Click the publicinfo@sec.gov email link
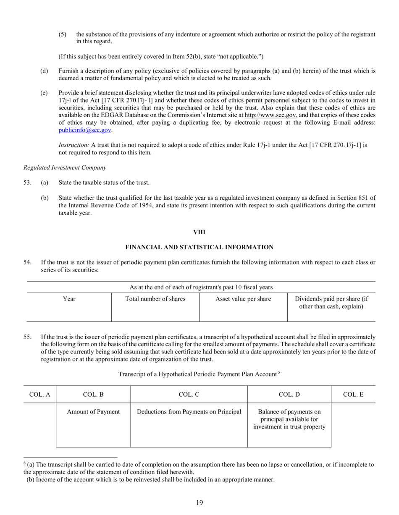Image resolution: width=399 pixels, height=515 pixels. click(85, 130)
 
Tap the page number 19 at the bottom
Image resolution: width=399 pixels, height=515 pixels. click(199, 503)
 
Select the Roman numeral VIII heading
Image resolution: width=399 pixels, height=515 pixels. click(199, 232)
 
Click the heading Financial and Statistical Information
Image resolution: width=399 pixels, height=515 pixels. click(199, 247)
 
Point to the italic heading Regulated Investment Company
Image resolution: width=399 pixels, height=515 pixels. click(65, 167)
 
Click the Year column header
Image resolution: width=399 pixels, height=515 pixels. click(69, 299)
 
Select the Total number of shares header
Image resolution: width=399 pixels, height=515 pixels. click(155, 299)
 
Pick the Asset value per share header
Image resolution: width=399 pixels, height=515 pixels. click(243, 299)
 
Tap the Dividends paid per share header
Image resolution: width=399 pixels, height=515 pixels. click(331, 303)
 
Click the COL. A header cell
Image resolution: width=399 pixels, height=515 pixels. click(39, 395)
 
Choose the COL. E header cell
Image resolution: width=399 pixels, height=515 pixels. click(353, 395)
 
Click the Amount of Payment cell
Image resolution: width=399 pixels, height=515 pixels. click(93, 412)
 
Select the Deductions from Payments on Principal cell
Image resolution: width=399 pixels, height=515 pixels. click(189, 412)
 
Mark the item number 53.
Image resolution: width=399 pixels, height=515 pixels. click(28, 183)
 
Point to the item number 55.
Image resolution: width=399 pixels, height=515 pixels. click(28, 337)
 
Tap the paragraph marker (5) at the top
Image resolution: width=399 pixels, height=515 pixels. click(63, 34)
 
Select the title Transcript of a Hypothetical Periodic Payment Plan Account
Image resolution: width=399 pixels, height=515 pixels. click(197, 374)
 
